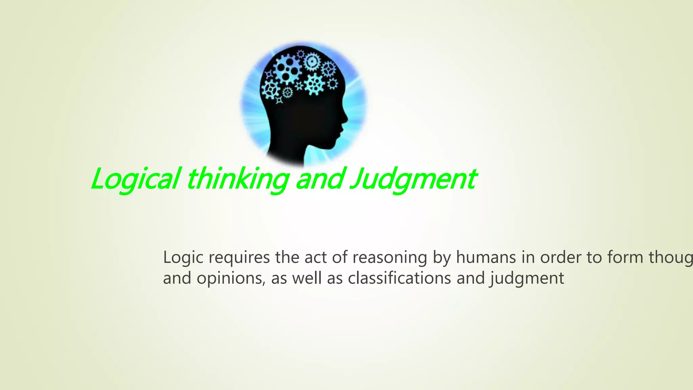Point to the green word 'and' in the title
[x=320, y=179]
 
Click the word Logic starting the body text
[x=183, y=258]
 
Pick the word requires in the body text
[x=239, y=258]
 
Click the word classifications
[x=399, y=278]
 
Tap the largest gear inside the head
[x=287, y=69]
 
